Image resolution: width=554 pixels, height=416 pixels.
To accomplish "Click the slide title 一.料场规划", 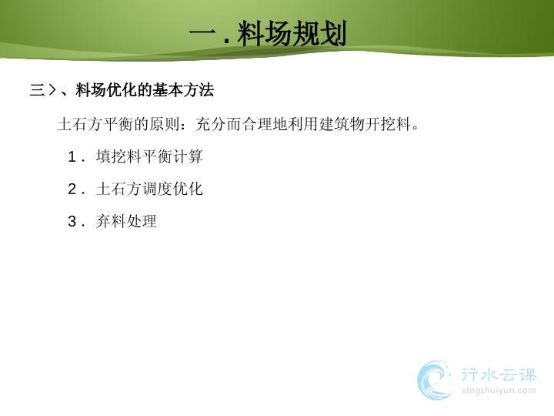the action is pyautogui.click(x=268, y=34).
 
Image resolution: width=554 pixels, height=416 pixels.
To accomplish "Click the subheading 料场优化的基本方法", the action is pyautogui.click(x=145, y=90).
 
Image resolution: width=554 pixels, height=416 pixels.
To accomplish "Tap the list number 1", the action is pyautogui.click(x=72, y=156).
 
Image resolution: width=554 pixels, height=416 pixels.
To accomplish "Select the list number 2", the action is pyautogui.click(x=72, y=189).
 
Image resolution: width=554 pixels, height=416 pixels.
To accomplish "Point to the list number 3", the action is pyautogui.click(x=72, y=221).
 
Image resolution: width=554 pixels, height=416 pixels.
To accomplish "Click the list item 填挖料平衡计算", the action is pyautogui.click(x=149, y=156).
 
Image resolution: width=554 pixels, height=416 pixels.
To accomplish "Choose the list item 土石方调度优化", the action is pyautogui.click(x=149, y=189).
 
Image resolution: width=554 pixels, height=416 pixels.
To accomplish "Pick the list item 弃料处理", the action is pyautogui.click(x=126, y=221).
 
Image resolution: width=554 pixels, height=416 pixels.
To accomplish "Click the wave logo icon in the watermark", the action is pyautogui.click(x=436, y=380).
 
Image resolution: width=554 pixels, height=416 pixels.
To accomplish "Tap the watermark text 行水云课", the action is pyautogui.click(x=499, y=375).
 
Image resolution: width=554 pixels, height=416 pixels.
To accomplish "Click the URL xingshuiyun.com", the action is pyautogui.click(x=499, y=391).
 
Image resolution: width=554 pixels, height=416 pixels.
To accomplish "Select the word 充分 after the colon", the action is pyautogui.click(x=211, y=124).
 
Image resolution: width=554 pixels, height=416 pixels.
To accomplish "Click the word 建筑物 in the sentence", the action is pyautogui.click(x=342, y=124).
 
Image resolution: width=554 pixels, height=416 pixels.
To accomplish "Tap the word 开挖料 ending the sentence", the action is pyautogui.click(x=388, y=124).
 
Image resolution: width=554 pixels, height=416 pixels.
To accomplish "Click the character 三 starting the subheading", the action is pyautogui.click(x=38, y=90).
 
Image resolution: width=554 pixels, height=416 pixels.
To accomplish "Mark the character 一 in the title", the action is pyautogui.click(x=203, y=33).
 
